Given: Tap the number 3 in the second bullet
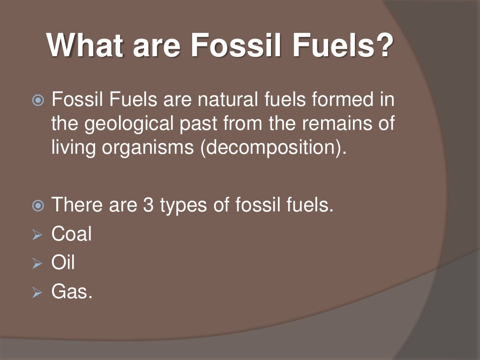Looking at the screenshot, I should [x=148, y=205].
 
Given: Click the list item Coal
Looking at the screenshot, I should [x=71, y=234].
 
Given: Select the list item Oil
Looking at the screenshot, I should [x=63, y=262].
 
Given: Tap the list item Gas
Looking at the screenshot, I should [x=72, y=292].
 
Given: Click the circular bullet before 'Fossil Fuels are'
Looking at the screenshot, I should [x=37, y=100].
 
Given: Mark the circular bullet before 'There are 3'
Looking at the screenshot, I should [x=37, y=205].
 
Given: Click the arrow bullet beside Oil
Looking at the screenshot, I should [x=37, y=264].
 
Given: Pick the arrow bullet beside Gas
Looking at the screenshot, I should [x=37, y=293].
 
